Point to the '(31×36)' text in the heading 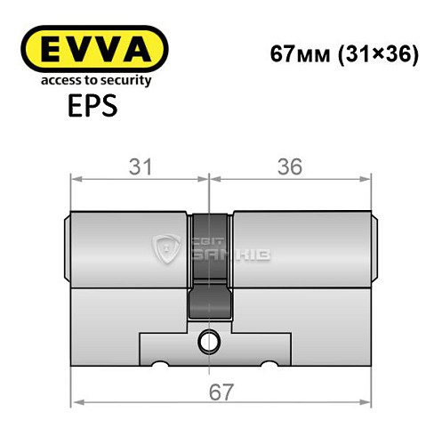[x=369, y=53]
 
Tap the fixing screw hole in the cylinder [x=209, y=340]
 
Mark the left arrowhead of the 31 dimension [x=75, y=180]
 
